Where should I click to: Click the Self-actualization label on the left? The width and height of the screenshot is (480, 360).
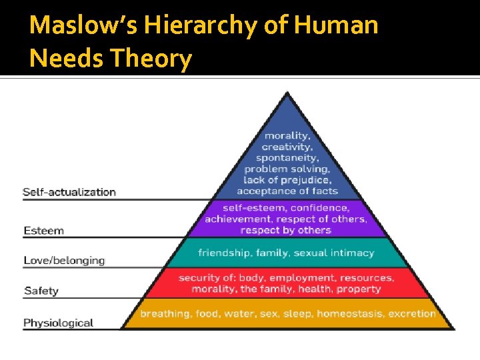69,192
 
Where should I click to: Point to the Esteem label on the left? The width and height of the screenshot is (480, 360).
44,231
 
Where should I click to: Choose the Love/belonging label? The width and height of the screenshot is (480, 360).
64,260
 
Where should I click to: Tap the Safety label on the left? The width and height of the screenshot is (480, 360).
41,291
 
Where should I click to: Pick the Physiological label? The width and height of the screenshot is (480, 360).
58,323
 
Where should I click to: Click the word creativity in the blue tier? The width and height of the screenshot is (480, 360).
287,147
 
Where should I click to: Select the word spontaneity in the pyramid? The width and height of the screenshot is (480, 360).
287,158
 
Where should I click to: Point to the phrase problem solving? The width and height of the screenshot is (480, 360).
287,169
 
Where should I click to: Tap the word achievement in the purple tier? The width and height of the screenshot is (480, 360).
238,219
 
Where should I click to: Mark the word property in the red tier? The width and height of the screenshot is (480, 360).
359,289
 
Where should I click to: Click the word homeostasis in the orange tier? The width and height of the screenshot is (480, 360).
349,313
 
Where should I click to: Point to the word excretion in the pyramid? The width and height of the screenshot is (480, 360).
412,313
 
